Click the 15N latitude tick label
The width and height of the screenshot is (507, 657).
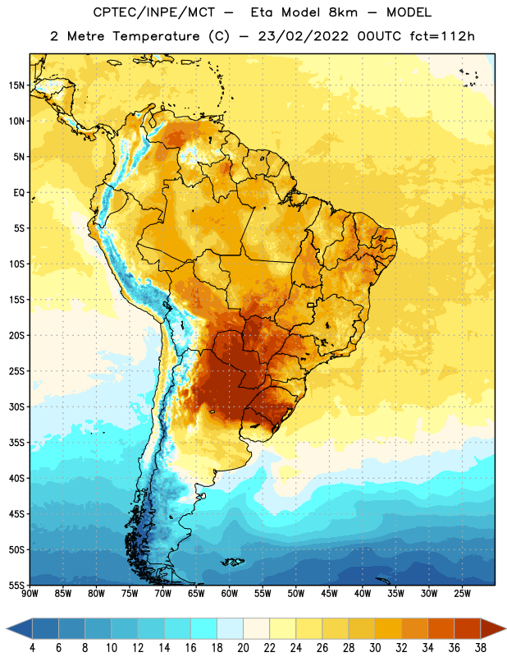coord(16,85)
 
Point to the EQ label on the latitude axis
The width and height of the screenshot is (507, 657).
coord(19,193)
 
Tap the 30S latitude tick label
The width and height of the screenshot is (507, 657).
coord(16,407)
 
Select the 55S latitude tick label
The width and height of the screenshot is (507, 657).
coord(16,585)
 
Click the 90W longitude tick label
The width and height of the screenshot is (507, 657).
coord(30,594)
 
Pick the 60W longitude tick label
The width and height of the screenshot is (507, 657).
coord(230,594)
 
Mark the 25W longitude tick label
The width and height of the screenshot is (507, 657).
coord(462,594)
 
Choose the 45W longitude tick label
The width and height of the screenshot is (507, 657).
coord(329,594)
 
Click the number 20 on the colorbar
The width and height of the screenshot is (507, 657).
coord(243,648)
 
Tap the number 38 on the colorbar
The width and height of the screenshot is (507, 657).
coord(481,648)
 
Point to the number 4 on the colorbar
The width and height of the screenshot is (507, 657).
coord(32,648)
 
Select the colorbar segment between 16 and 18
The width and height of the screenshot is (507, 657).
coord(204,628)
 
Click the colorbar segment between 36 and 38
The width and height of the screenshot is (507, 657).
coord(468,628)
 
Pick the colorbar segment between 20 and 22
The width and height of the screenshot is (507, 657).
coord(257,628)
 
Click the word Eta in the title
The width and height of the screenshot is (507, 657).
coord(262,12)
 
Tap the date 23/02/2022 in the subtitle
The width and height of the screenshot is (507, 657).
coord(303,36)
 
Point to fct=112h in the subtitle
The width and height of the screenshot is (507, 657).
coord(442,36)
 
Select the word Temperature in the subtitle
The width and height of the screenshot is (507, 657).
coord(156,36)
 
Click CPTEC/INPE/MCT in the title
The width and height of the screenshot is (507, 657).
coord(153,12)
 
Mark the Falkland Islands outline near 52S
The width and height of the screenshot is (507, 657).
coord(232,562)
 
